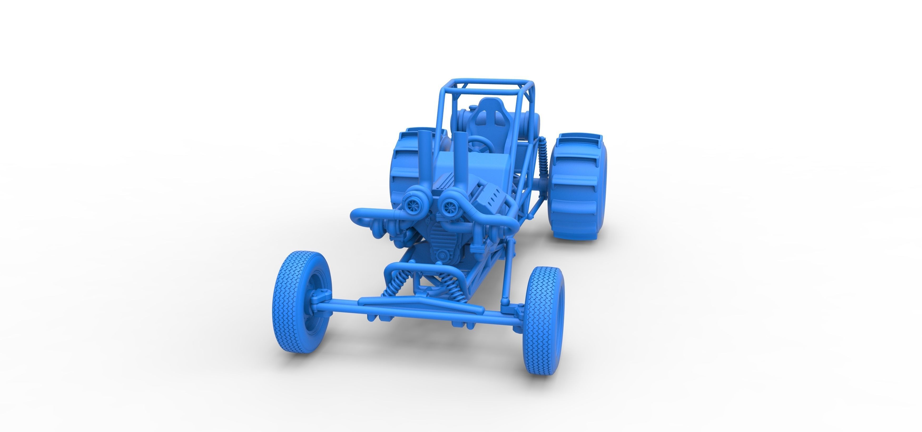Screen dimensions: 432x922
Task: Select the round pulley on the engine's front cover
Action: click(443, 255)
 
